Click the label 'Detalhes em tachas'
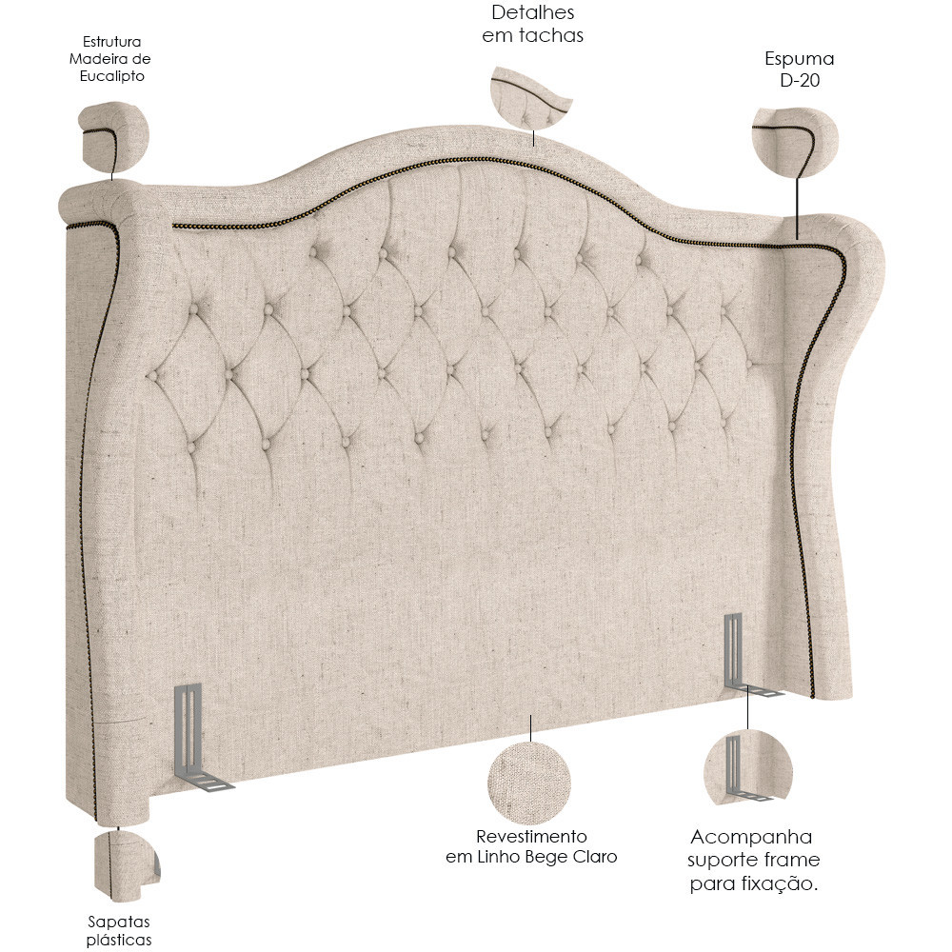[532, 24]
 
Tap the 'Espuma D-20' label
[799, 69]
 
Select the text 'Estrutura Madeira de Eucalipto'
[109, 59]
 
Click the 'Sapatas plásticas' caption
[119, 930]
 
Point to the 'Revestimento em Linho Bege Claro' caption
[531, 846]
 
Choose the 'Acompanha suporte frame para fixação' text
[753, 860]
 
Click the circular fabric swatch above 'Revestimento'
[529, 783]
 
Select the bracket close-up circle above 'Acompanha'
[748, 768]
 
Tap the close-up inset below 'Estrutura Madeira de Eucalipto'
[115, 135]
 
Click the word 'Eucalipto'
[111, 76]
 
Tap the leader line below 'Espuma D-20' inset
[796, 207]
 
